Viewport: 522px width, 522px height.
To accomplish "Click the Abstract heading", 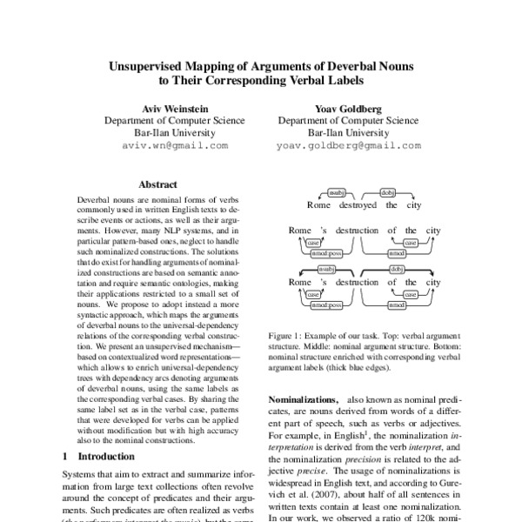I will (157, 184).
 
